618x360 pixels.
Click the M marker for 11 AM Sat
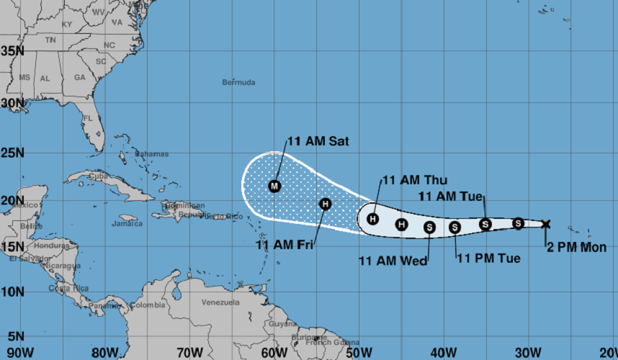pos(274,186)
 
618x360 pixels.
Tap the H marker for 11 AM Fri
pos(326,204)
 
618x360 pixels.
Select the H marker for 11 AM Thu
pos(373,219)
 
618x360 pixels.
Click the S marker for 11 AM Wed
pos(429,228)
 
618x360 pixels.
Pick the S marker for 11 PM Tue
pos(454,228)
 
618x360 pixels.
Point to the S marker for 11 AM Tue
pos(485,225)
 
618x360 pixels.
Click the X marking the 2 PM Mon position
pos(545,224)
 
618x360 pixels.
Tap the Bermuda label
pos(238,83)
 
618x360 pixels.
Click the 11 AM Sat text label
pos(318,142)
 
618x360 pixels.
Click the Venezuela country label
pos(220,302)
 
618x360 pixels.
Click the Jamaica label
pos(127,224)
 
